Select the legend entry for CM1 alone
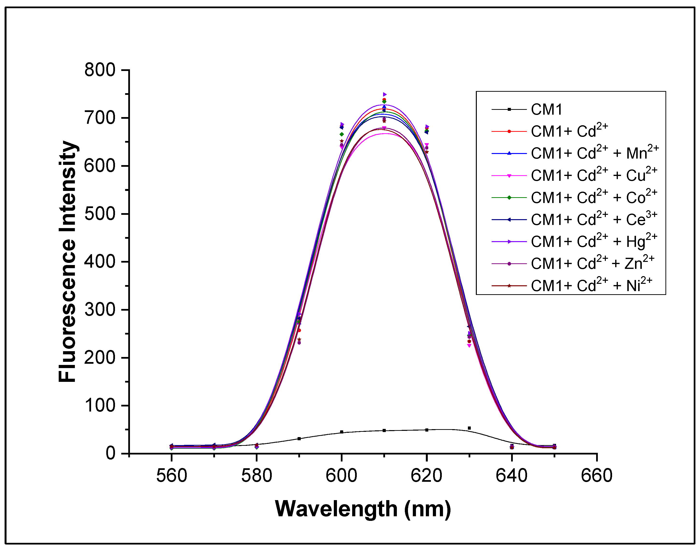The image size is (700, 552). [547, 110]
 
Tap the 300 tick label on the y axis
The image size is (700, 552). [100, 310]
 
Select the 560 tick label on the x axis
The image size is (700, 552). [172, 476]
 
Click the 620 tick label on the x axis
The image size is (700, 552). [426, 476]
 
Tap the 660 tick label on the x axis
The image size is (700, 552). [596, 476]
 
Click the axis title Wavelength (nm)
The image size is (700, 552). [363, 509]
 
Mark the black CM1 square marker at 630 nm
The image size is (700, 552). [469, 428]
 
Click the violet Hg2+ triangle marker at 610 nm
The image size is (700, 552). [385, 94]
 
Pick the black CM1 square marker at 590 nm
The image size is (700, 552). [299, 439]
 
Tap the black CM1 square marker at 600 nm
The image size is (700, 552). [342, 432]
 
